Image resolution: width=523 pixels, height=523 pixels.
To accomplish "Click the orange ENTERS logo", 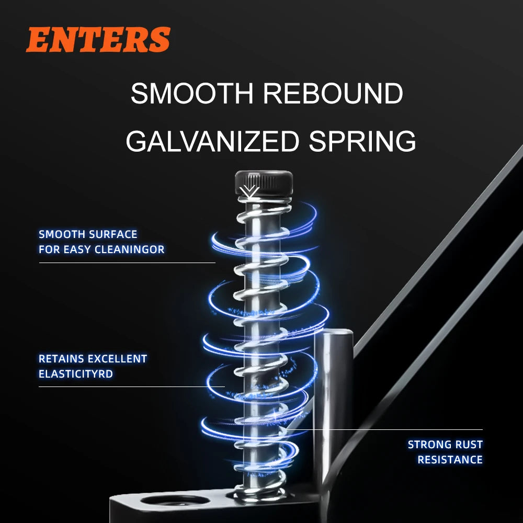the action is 98,39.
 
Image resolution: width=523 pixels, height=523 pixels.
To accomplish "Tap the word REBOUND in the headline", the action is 333,93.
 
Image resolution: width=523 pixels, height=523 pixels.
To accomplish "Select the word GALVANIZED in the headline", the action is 212,141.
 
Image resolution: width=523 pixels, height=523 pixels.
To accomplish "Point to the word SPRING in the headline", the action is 362,141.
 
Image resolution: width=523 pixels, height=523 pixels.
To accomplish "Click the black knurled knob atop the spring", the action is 264,183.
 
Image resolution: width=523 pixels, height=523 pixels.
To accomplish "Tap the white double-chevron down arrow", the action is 249,192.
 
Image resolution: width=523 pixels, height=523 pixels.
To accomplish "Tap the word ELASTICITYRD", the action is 76,374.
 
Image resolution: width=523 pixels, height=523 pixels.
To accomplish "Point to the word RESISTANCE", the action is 450,460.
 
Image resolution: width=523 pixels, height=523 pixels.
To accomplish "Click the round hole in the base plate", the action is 175,500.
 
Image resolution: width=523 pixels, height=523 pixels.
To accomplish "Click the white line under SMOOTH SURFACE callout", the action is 127,263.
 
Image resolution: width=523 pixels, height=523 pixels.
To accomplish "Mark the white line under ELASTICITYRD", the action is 132,387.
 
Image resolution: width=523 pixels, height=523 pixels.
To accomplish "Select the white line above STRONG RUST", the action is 384,429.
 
